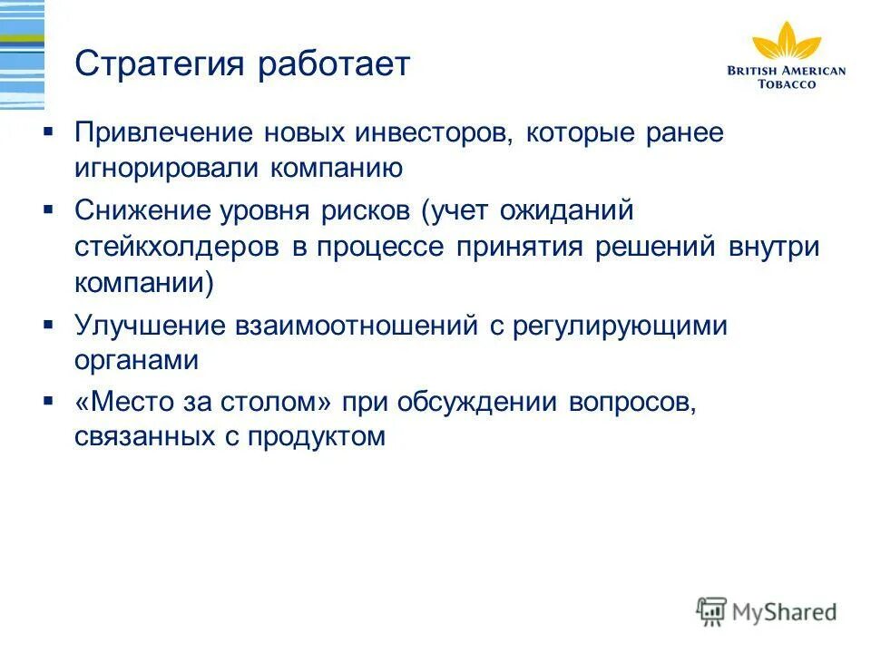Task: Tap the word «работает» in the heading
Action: click(335, 65)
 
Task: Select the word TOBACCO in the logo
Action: click(787, 84)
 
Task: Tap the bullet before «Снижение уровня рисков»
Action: click(48, 210)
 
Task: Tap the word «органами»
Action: click(136, 360)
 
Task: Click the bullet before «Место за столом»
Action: click(48, 400)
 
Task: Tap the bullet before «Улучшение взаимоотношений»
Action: click(48, 323)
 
